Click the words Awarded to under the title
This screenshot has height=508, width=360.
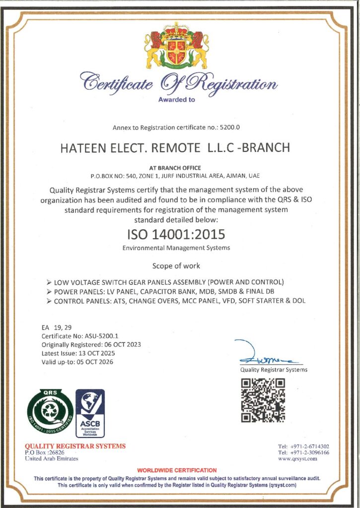point(176,99)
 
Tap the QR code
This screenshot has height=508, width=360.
point(263,400)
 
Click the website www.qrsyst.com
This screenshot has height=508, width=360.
point(304,459)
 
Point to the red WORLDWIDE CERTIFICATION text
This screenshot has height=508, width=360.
point(177,470)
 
